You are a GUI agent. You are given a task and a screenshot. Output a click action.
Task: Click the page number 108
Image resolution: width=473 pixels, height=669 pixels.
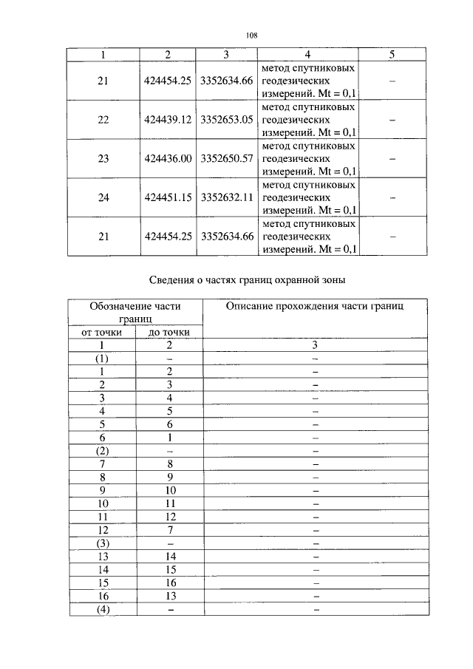point(251,35)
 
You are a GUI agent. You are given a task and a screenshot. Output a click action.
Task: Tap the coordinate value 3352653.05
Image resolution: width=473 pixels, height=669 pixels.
point(227,119)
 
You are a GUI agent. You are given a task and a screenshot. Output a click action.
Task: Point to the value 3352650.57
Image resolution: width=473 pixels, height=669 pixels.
point(227,158)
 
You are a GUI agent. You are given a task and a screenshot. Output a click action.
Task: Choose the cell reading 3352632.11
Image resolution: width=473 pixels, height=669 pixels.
point(227,197)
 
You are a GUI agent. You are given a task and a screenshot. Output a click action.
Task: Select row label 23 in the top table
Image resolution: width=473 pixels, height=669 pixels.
point(103,158)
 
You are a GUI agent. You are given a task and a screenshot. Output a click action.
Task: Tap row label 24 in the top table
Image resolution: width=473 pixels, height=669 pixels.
point(103,197)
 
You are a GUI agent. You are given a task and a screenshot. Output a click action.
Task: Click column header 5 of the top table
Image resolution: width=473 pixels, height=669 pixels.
point(392,55)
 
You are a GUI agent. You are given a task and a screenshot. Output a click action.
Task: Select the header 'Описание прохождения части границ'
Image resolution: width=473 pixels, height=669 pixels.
point(314,306)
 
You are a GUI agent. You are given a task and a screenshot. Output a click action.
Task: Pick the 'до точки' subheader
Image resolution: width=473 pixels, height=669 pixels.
point(169,333)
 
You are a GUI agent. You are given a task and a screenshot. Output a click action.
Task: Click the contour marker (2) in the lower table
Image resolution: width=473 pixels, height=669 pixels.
point(103,451)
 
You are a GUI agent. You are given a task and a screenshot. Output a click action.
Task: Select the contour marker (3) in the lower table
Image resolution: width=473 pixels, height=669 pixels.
point(103,543)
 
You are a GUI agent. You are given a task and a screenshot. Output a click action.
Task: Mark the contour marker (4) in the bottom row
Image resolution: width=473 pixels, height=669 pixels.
point(103,610)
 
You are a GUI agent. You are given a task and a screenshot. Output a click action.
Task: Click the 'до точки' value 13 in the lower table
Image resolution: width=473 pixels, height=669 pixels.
point(169,597)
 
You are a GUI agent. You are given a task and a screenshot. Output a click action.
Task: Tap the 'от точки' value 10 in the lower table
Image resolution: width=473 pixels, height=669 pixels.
point(103,503)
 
